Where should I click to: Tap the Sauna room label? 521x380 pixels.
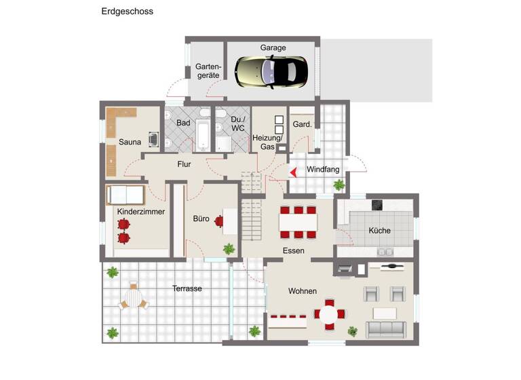tap(130, 142)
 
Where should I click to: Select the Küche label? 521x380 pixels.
tap(379, 231)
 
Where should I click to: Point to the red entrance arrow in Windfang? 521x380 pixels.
tap(293, 172)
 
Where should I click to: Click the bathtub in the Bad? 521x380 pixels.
tap(202, 134)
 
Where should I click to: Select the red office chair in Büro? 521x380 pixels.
tap(219, 221)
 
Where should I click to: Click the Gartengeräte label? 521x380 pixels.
tap(208, 71)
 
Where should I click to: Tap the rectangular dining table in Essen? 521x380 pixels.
tap(298, 221)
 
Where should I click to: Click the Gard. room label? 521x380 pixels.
tap(302, 124)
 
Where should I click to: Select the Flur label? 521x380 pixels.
tap(184, 164)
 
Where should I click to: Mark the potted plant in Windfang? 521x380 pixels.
tap(339, 185)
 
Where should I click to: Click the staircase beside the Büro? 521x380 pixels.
tap(252, 212)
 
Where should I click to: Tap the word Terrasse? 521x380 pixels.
tap(187, 288)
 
